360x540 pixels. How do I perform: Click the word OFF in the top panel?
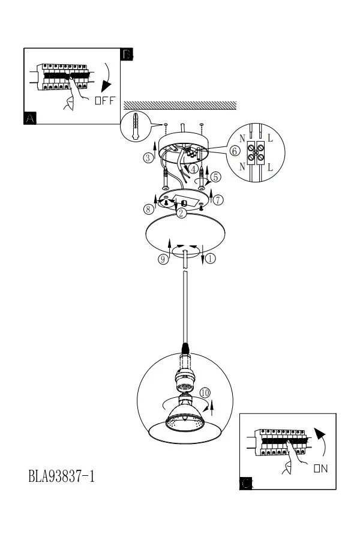coord(105,101)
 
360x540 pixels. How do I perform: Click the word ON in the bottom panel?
coord(321,469)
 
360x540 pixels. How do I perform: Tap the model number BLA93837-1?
coord(61,476)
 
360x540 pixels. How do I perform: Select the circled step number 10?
coord(205,392)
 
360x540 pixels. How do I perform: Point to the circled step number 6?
coord(235,151)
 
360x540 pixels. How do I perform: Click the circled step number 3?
coord(148,158)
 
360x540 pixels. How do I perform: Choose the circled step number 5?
coord(215,177)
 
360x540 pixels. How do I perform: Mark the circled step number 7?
coord(218,200)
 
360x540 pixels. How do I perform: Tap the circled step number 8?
coord(148,209)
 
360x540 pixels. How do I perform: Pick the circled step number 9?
coord(163,259)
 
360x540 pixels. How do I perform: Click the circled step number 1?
coord(211,258)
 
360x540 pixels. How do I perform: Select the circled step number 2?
coord(181,213)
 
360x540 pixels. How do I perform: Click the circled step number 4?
coord(194,169)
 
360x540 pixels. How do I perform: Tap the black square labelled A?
coord(30,118)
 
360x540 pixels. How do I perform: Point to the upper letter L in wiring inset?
coord(270,139)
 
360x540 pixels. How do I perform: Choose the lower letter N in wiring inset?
coord(242,167)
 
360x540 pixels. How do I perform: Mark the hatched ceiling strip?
coord(180,105)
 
